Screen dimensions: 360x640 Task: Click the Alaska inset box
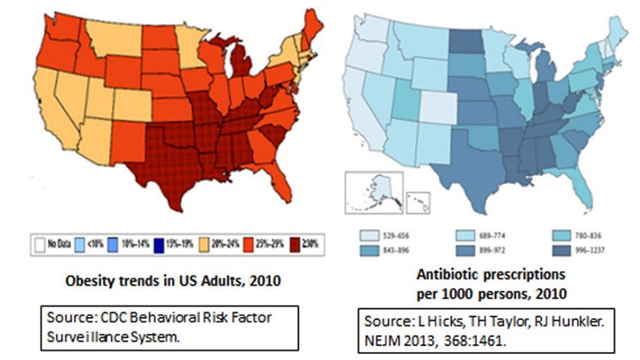[x=373, y=192]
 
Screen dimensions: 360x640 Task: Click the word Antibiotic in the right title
[x=457, y=277]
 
